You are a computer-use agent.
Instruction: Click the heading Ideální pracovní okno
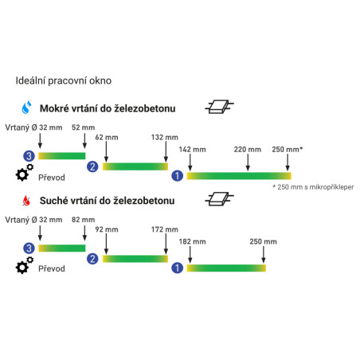(64, 80)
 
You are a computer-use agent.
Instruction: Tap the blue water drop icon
(26, 108)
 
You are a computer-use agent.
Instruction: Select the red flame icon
(26, 201)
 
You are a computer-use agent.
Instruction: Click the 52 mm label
(83, 127)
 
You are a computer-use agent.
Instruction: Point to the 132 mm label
(165, 137)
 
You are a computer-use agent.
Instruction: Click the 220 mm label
(248, 150)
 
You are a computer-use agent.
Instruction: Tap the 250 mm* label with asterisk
(288, 150)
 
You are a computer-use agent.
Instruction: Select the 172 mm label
(165, 229)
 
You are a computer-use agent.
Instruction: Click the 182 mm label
(192, 241)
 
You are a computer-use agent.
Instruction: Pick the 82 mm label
(83, 220)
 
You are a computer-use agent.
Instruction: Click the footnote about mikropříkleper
(313, 187)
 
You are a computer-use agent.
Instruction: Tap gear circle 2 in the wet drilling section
(92, 166)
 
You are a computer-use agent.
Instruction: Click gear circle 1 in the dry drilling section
(177, 268)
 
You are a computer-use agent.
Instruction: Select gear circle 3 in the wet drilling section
(29, 156)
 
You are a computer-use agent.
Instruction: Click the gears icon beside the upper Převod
(24, 173)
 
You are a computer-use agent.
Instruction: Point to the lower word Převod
(52, 268)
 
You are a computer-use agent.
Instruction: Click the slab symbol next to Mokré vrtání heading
(219, 107)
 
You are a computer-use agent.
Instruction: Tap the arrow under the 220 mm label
(248, 162)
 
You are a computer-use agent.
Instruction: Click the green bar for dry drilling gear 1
(226, 268)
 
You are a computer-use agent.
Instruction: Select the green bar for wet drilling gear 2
(135, 166)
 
